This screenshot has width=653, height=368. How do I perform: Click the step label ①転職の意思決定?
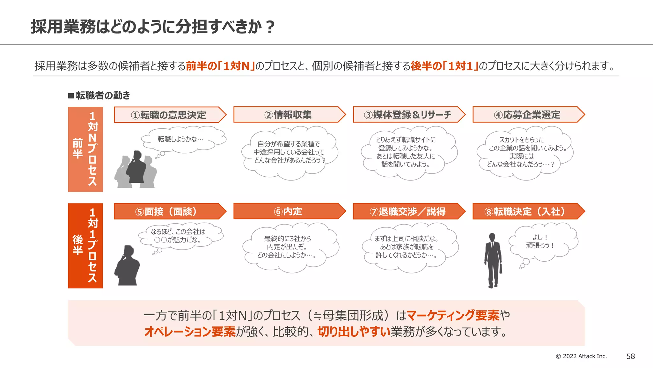tap(168, 115)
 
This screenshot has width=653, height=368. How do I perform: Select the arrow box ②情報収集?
tap(288, 115)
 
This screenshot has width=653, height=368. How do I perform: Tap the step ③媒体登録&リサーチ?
tap(407, 115)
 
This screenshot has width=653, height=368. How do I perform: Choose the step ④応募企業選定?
tap(527, 115)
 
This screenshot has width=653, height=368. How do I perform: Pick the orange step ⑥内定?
tap(288, 211)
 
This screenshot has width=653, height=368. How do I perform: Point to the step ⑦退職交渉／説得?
tap(407, 211)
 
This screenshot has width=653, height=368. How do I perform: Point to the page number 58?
tap(630, 356)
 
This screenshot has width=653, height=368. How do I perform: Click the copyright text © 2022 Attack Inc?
tap(581, 356)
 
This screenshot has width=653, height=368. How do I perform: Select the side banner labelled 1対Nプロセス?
tap(85, 149)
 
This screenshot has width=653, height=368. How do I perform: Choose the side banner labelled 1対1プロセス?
tap(85, 246)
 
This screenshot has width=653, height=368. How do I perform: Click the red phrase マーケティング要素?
tap(453, 315)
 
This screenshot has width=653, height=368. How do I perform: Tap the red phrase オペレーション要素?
tap(190, 332)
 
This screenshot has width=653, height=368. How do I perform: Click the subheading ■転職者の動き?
tap(99, 96)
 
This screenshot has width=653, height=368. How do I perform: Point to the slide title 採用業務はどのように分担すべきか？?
tap(152, 27)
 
